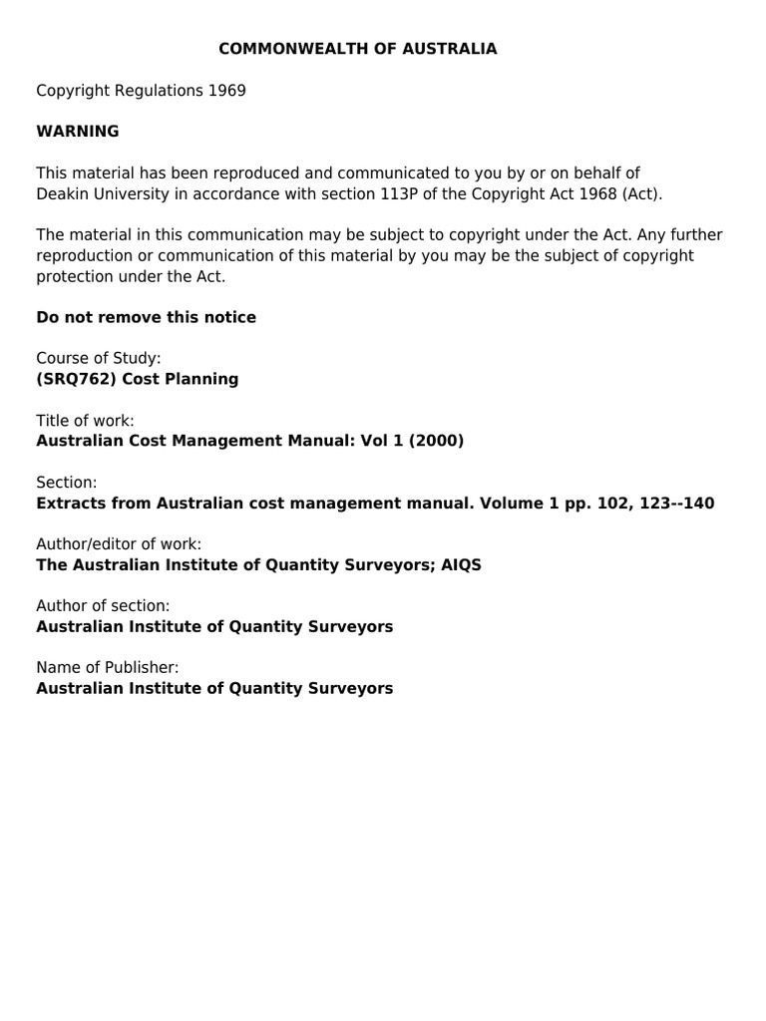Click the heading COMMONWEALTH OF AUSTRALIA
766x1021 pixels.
pyautogui.click(x=357, y=49)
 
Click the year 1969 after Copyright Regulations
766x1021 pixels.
pyautogui.click(x=226, y=91)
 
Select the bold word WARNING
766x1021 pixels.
pyautogui.click(x=78, y=132)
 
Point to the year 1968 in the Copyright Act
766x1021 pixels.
pyautogui.click(x=596, y=193)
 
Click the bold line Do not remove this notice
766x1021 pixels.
pyautogui.click(x=146, y=317)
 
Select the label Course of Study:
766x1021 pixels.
pyautogui.click(x=99, y=358)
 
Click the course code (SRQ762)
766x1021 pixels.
pyautogui.click(x=77, y=379)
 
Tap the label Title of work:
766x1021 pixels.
pyautogui.click(x=85, y=421)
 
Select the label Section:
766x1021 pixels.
pyautogui.click(x=66, y=483)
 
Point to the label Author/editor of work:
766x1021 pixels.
pyautogui.click(x=119, y=544)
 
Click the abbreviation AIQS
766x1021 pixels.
pyautogui.click(x=462, y=564)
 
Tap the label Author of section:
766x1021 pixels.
pyautogui.click(x=103, y=606)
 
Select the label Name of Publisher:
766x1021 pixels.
pyautogui.click(x=108, y=668)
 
